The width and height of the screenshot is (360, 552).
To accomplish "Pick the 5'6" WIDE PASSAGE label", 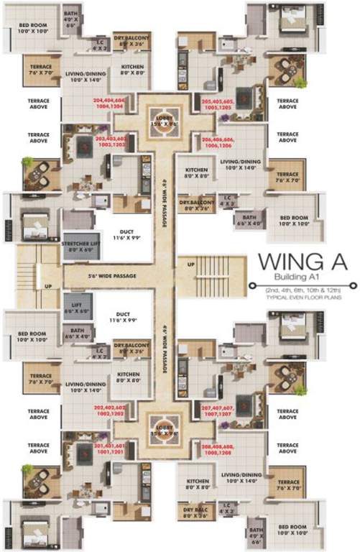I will pos(93,275).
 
